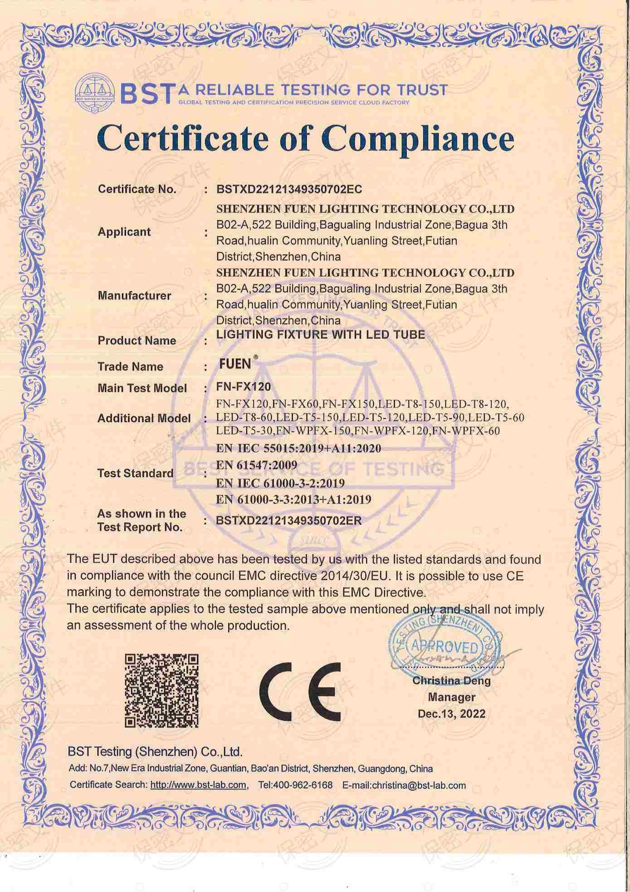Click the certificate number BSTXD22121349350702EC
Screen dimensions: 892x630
coord(289,189)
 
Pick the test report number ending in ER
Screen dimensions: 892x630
coord(289,520)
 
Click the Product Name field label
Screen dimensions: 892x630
coord(137,340)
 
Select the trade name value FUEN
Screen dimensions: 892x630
coord(235,364)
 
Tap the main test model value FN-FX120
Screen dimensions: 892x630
coord(244,387)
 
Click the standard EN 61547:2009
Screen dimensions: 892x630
coord(257,465)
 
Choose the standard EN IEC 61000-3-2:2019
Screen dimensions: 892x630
coord(280,483)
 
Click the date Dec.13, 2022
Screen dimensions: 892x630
coord(451,714)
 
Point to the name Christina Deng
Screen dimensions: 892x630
coord(451,681)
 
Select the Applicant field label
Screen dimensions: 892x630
coord(124,232)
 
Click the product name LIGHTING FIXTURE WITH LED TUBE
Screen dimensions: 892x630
coord(321,335)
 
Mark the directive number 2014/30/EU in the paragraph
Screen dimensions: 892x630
coord(355,576)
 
